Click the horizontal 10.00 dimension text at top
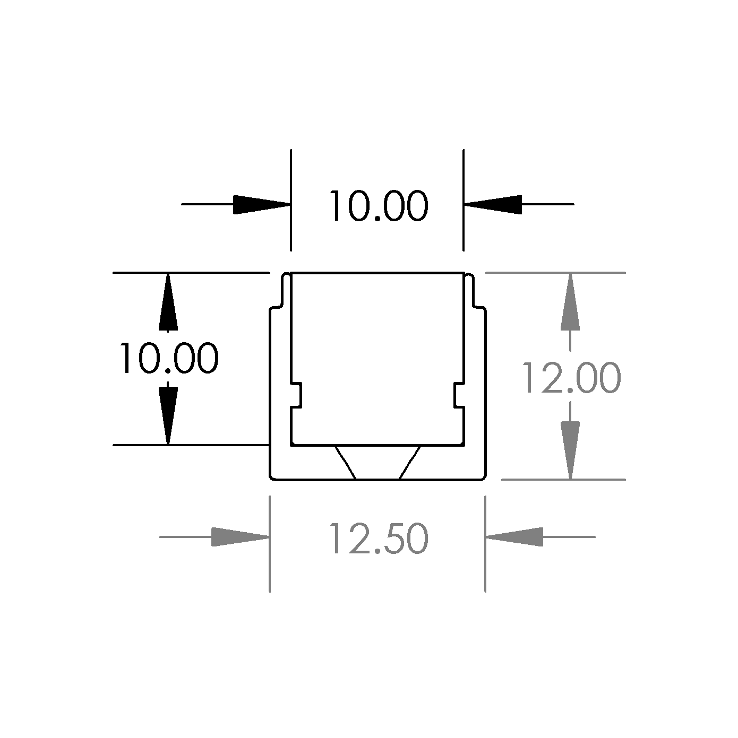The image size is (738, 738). (x=379, y=206)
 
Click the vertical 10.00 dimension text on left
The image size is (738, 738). (x=169, y=358)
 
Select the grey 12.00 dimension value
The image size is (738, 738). (x=571, y=378)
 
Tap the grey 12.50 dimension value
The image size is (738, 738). (x=379, y=539)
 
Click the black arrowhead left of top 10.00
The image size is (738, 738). (x=262, y=204)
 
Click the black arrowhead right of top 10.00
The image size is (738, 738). (x=493, y=204)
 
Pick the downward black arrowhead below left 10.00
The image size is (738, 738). (x=168, y=416)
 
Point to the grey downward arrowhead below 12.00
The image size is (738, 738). (x=570, y=450)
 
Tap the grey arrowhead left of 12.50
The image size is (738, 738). (x=241, y=537)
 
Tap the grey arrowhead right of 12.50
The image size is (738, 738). (x=514, y=537)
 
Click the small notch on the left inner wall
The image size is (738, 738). (x=296, y=395)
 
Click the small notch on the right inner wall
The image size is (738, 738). (x=459, y=395)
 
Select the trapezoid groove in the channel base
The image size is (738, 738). (x=378, y=462)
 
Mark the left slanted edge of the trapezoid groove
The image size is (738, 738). (x=346, y=462)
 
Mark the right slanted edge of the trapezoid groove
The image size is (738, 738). (x=410, y=462)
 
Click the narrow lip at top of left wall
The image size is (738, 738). (x=286, y=290)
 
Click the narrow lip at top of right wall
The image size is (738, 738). (x=469, y=290)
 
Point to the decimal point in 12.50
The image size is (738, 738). (x=377, y=551)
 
